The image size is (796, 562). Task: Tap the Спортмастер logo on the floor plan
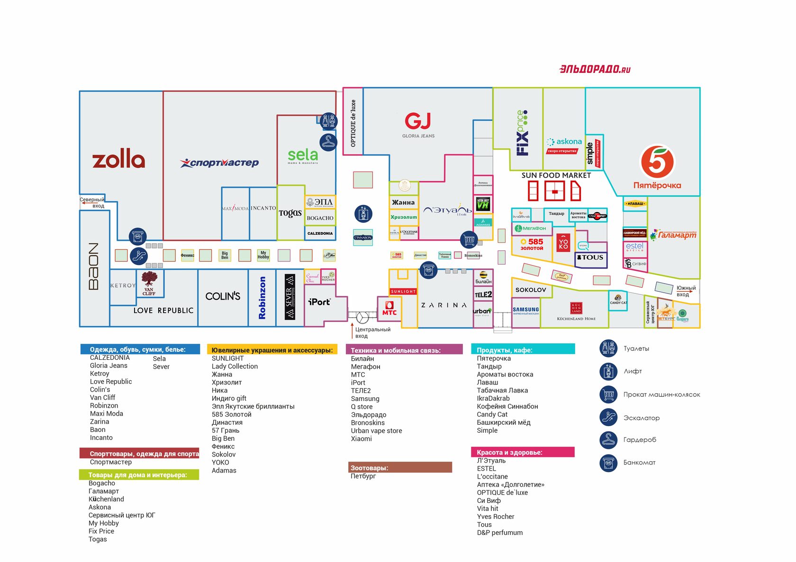tap(219, 163)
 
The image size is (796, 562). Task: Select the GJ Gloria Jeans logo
tap(418, 121)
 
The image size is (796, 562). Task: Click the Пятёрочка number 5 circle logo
tap(657, 162)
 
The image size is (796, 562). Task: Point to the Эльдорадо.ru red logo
tap(595, 69)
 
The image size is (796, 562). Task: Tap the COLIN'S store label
tap(223, 296)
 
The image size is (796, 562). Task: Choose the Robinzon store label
tap(262, 298)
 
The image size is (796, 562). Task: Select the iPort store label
tap(319, 302)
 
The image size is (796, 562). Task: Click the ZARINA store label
tap(444, 305)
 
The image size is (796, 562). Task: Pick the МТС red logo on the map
tap(389, 309)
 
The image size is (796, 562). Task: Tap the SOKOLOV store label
tap(531, 290)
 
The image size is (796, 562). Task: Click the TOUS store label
tap(590, 258)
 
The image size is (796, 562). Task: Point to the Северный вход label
tap(92, 203)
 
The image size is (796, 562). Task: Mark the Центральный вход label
tap(372, 332)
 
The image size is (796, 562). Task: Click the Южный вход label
tap(686, 291)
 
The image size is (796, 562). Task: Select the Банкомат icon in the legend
tap(608, 463)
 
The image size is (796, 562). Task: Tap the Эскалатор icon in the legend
tap(608, 418)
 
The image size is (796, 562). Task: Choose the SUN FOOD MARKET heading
tap(556, 175)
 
